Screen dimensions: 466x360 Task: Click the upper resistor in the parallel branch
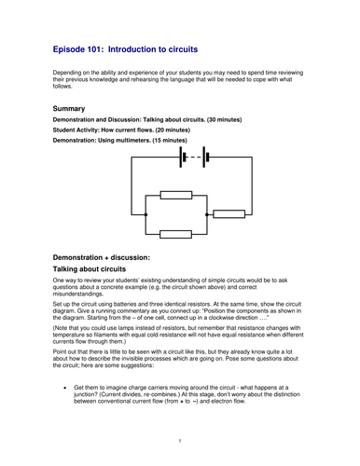pos(175,195)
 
